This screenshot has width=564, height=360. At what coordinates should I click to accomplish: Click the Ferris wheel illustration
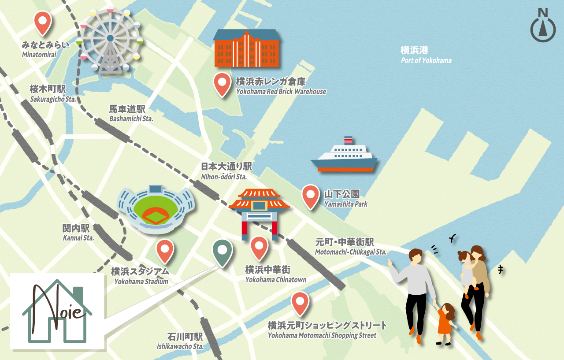pos(110,39)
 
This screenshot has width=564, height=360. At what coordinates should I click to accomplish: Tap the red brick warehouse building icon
pos(247,48)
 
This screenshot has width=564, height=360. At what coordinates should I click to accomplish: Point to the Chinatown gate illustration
pos(259,212)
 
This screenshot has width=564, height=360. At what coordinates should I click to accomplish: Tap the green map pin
pos(222,252)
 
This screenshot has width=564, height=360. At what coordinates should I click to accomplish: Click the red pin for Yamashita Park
pos(311,196)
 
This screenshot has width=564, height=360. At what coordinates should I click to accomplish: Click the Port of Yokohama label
pos(426,55)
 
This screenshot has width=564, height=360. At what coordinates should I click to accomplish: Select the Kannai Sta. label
pos(78,232)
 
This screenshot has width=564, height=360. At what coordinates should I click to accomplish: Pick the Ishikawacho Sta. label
pos(180,341)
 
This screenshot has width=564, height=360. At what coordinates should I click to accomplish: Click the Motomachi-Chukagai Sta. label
pos(351,246)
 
